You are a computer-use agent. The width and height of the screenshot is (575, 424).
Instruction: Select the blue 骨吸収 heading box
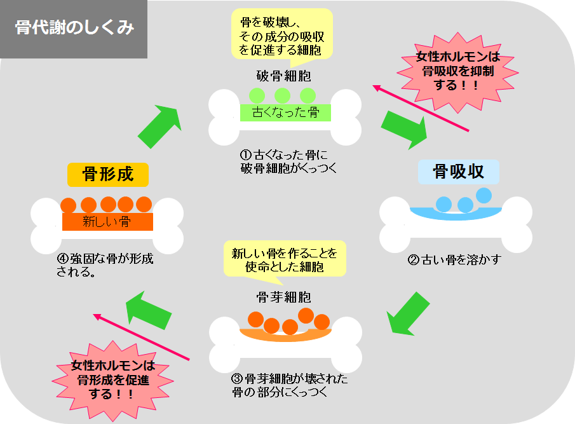click(x=458, y=172)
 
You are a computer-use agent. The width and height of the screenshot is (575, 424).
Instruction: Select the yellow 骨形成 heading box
click(x=108, y=174)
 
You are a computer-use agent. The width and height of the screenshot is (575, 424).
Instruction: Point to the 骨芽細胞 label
click(x=283, y=297)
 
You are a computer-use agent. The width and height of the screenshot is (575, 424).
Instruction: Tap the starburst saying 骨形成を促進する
click(x=113, y=380)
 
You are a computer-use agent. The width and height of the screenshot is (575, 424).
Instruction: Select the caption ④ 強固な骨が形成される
click(x=105, y=266)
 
